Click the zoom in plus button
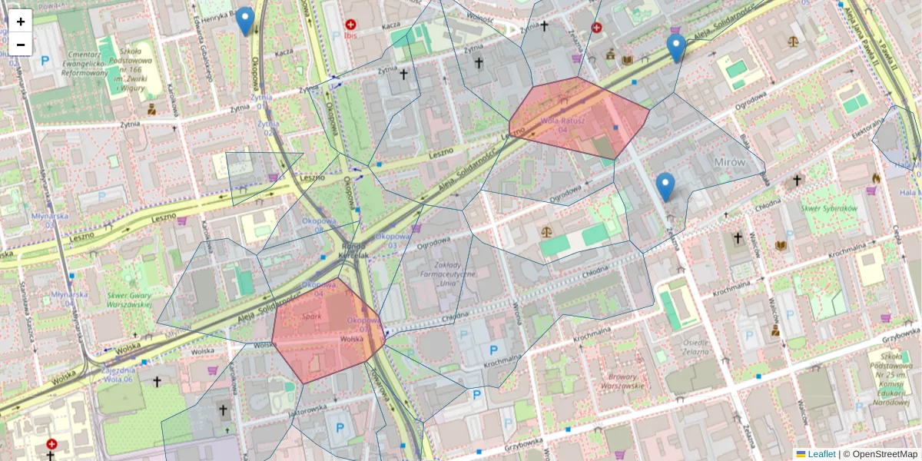[x=21, y=22]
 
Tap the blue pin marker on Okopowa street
[x=245, y=21]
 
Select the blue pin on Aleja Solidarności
[x=676, y=48]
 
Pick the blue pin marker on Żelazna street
[x=665, y=187]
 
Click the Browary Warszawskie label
[x=623, y=381]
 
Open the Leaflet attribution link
[x=821, y=454]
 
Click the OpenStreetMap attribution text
[x=880, y=454]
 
